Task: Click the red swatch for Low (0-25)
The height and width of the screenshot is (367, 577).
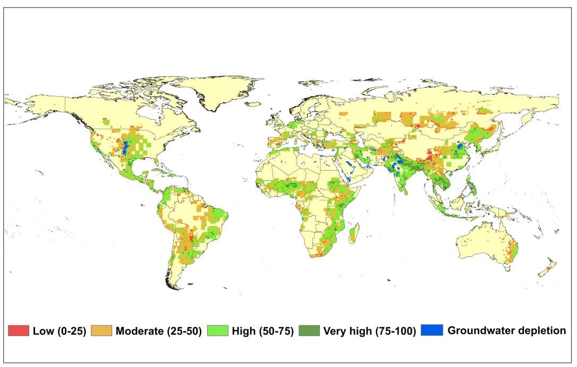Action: click(x=18, y=331)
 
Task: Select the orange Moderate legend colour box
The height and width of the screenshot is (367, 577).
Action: click(x=102, y=331)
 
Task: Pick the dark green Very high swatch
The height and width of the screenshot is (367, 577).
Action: click(x=310, y=331)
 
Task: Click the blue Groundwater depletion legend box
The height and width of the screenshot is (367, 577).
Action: click(x=432, y=330)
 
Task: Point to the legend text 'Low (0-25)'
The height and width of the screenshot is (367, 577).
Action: click(x=58, y=331)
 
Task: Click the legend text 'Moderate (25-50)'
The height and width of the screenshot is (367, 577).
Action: click(x=158, y=331)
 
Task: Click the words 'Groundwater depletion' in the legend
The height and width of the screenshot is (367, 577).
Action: click(x=506, y=330)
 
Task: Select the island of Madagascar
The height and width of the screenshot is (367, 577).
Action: click(x=352, y=234)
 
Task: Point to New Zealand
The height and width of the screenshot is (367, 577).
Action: click(x=547, y=269)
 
